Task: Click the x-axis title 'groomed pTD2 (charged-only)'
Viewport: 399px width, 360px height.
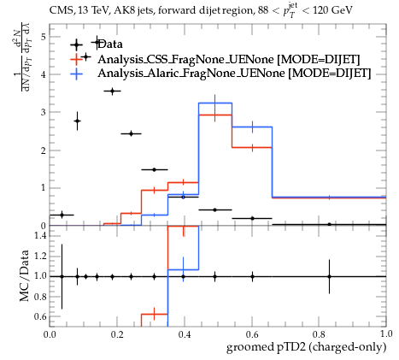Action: point(306,347)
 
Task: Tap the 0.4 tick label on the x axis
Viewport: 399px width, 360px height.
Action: point(185,334)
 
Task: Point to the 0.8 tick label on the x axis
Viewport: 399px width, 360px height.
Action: point(319,334)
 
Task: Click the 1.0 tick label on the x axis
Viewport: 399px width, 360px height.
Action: point(386,334)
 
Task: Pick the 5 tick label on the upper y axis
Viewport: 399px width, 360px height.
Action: point(44,37)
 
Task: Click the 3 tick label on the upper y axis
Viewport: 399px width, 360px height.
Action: point(44,112)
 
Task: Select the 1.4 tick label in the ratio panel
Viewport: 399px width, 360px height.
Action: point(40,235)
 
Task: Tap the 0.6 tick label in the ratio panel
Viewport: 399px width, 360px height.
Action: point(40,316)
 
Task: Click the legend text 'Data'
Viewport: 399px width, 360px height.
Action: point(110,44)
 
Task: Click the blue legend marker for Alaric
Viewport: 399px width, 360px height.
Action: point(76,74)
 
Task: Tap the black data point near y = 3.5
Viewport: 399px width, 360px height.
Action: point(112,91)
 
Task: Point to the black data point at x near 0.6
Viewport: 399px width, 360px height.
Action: point(252,218)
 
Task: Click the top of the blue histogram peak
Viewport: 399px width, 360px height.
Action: point(215,103)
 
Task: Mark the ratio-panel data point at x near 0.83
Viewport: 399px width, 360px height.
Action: point(329,276)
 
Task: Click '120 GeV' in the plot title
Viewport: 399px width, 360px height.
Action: point(332,10)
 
